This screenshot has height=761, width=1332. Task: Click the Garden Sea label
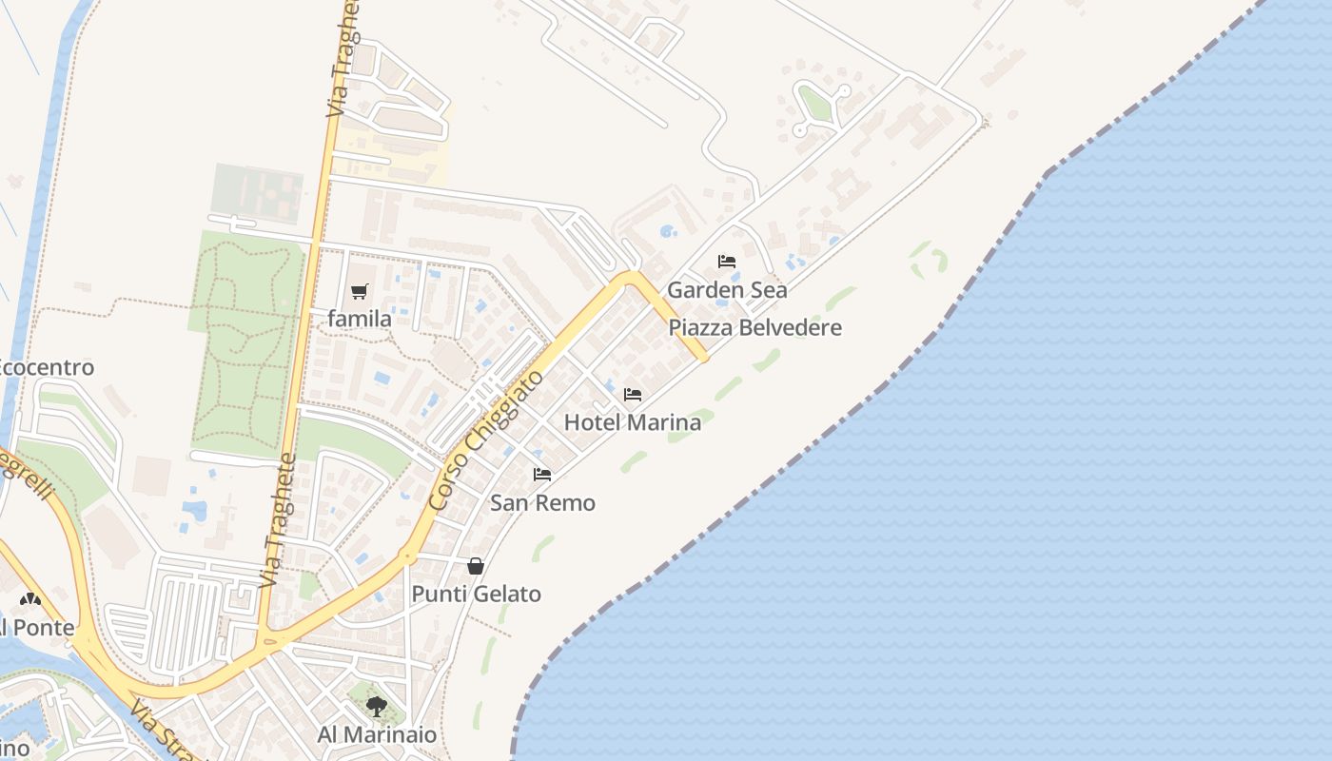727,290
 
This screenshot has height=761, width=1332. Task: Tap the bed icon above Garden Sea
727,262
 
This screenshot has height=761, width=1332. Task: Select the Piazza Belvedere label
754,328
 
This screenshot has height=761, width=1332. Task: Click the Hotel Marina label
633,422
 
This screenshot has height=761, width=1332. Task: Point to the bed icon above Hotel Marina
633,394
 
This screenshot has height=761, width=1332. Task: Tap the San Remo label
542,503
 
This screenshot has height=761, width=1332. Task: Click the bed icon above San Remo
542,474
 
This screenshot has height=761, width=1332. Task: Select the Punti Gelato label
476,595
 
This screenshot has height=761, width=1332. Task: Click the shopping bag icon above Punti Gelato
476,566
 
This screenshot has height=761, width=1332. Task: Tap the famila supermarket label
359,320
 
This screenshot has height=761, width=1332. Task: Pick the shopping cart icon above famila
359,291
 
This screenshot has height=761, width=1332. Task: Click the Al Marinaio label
377,735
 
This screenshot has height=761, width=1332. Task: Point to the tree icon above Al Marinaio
377,706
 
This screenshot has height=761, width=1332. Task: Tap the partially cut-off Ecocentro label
46,368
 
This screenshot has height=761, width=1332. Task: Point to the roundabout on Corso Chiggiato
408,556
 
